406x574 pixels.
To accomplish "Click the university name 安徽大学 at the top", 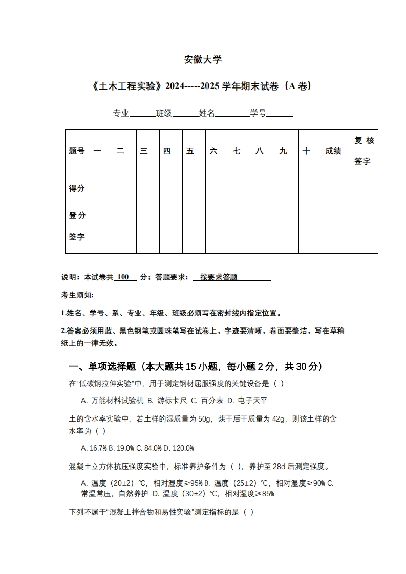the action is pos(203,60).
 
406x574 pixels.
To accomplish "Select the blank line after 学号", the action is pos(279,114).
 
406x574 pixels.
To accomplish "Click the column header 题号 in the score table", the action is pos(77,151).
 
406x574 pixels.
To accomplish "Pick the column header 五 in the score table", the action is pos(190,151).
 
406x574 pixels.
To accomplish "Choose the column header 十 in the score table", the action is pos(306,151).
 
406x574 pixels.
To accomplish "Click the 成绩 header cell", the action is pos(333,151).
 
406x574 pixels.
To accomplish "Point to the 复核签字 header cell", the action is pos(364,151).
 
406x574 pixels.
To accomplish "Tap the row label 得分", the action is pos(77,188).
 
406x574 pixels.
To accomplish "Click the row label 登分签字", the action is pos(77,226).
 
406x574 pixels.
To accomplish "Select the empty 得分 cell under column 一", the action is pos(101,191).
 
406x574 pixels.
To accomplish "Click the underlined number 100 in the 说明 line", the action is pos(123,277).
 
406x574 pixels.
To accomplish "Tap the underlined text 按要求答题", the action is pos(219,277).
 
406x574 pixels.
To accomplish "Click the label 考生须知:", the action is pos(77,295).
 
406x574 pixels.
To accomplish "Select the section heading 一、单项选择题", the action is pos(102,366).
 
